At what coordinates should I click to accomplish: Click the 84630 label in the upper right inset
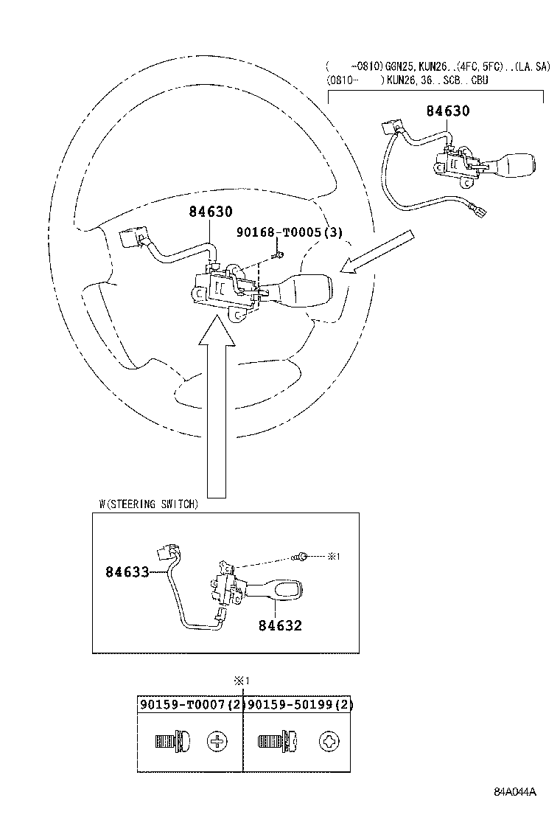pyautogui.click(x=447, y=111)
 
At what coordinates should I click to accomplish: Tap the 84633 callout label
pyautogui.click(x=127, y=571)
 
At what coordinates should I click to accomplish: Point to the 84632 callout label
pyautogui.click(x=280, y=625)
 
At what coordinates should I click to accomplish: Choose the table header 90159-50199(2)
pyautogui.click(x=299, y=704)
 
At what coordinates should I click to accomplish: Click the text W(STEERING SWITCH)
pyautogui.click(x=147, y=504)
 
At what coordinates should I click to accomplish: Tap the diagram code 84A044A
pyautogui.click(x=515, y=793)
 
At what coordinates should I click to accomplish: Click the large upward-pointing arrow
pyautogui.click(x=217, y=413)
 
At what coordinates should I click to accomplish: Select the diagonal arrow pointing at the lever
pyautogui.click(x=379, y=254)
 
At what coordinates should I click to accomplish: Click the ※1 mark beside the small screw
pyautogui.click(x=332, y=556)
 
